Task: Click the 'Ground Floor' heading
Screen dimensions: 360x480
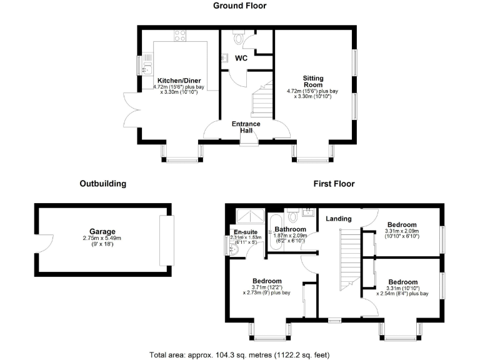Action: click(x=239, y=6)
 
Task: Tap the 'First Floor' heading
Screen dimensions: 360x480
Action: click(x=334, y=184)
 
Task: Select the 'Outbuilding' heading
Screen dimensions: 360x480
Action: click(x=103, y=184)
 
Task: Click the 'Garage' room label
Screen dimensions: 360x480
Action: click(x=102, y=231)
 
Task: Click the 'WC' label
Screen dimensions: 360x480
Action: click(x=241, y=58)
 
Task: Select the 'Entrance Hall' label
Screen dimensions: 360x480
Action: click(x=246, y=127)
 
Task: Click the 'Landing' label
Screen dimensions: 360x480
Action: click(x=338, y=219)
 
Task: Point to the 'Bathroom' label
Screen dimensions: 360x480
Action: click(x=289, y=229)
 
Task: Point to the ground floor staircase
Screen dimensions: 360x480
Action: click(x=261, y=100)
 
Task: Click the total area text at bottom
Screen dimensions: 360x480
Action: click(x=239, y=354)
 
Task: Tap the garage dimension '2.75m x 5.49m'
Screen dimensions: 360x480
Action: click(x=102, y=239)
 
